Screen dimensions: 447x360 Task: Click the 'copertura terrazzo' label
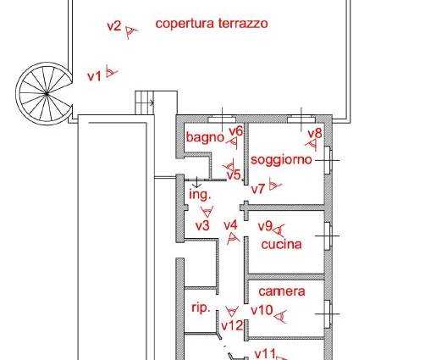coord(212,24)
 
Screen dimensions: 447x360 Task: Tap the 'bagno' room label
coord(205,137)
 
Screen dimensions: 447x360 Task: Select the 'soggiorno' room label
coord(281,160)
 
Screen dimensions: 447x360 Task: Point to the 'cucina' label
coord(281,245)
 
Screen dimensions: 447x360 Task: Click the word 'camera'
coord(282,291)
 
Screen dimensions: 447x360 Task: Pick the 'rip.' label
coord(201,308)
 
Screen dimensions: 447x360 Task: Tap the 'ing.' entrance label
coord(200,195)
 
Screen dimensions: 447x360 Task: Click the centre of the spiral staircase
coord(47,93)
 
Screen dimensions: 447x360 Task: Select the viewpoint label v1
coord(94,77)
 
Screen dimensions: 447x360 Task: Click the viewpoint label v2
coord(114,26)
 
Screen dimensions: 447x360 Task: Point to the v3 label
coord(202,226)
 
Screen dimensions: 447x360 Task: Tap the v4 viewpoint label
coord(230,225)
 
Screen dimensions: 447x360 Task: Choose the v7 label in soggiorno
coord(258,189)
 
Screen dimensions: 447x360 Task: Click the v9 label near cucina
coord(265,226)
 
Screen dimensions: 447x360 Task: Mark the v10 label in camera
coord(262,310)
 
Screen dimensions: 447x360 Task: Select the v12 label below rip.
coord(232,325)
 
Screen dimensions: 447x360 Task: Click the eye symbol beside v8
coord(312,145)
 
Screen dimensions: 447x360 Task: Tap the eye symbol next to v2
coord(131,32)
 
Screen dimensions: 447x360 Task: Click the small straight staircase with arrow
coord(145,102)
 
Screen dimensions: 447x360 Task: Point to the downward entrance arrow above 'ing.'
coord(197,182)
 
